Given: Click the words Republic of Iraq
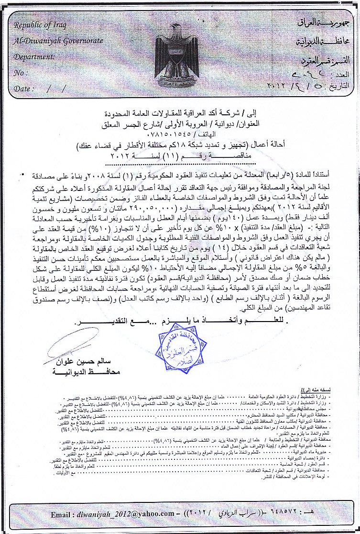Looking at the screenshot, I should coord(40,25).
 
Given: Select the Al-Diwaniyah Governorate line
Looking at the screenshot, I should coord(58,41).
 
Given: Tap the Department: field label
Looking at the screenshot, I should coord(34,56).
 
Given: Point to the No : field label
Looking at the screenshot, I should coord(20,73).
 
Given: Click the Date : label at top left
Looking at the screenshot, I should coord(24,89).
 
